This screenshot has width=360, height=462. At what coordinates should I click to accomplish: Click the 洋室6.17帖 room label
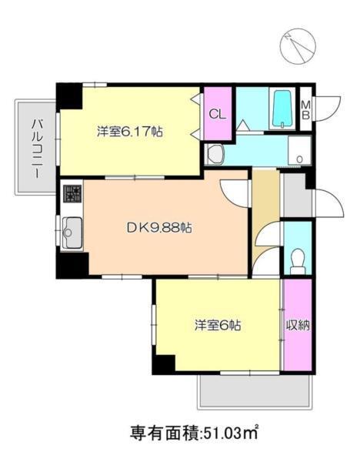click(x=128, y=131)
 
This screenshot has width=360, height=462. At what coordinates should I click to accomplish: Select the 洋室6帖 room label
click(x=218, y=325)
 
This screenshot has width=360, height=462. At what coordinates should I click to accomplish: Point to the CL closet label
click(x=217, y=114)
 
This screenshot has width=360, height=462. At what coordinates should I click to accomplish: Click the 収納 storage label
click(x=298, y=325)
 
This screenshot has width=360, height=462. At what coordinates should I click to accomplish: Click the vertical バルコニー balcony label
click(x=35, y=149)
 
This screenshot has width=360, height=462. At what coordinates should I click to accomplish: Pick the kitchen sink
click(x=72, y=229)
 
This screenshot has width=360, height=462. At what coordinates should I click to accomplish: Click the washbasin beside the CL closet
click(x=215, y=154)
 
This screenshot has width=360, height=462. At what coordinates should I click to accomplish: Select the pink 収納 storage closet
click(x=297, y=325)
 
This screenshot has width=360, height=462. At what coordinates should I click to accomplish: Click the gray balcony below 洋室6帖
click(x=253, y=392)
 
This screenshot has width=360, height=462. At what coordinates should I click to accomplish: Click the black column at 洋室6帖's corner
click(x=164, y=363)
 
